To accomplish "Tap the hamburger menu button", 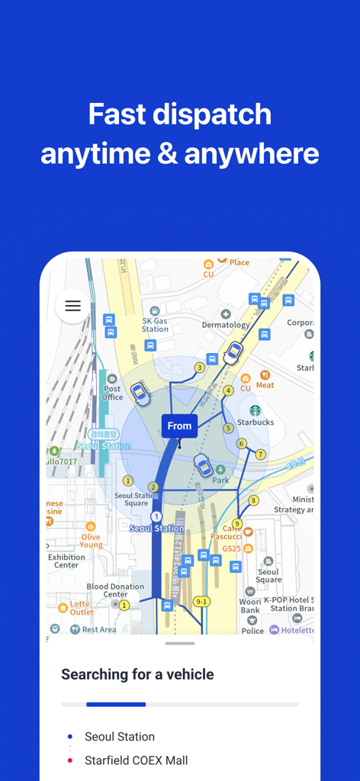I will tap(72, 306).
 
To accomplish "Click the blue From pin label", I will tap(179, 426).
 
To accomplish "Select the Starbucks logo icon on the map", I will tap(255, 411).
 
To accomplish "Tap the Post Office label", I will tap(112, 393).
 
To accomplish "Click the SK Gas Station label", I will tap(155, 325).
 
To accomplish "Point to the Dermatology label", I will tap(226, 325).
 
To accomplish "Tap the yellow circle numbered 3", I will tap(199, 368).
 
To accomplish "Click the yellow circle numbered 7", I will tap(260, 455).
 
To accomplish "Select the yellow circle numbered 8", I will tap(253, 500).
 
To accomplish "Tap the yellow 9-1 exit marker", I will tap(201, 602).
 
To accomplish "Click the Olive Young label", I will tap(91, 541).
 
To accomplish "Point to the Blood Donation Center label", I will tap(115, 590).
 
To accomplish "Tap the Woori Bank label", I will tap(250, 606).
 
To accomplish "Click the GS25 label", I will tap(231, 548).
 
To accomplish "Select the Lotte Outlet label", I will tap(82, 608).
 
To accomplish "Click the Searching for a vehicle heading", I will tap(137, 674).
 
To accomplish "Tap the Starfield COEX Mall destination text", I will tap(136, 760).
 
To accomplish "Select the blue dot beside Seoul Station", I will tap(70, 737).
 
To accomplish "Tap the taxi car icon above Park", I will tap(203, 464).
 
